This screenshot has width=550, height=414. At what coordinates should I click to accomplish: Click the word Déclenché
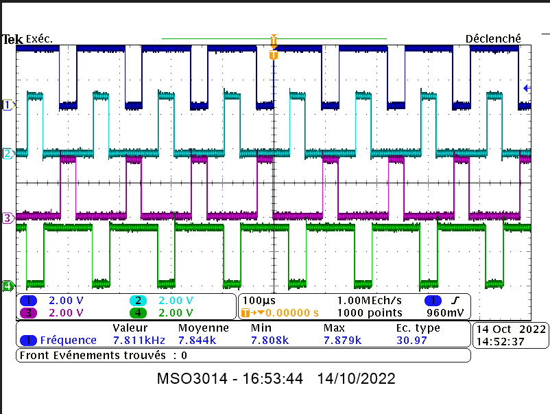[493, 39]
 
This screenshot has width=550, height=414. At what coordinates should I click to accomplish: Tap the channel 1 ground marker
[8, 105]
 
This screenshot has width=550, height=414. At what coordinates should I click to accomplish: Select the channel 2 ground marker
[8, 153]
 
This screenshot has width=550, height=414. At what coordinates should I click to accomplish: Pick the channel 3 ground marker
[8, 218]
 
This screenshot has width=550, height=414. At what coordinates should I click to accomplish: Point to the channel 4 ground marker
[8, 286]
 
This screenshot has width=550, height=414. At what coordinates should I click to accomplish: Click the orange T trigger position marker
[274, 54]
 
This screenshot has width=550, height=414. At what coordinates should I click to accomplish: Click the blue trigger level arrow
[527, 88]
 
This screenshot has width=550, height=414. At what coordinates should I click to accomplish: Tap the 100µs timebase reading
[258, 301]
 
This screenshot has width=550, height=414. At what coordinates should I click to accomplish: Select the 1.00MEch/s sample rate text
[370, 301]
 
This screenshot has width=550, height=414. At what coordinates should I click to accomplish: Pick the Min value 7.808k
[270, 340]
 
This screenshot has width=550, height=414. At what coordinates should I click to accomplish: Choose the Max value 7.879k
[342, 340]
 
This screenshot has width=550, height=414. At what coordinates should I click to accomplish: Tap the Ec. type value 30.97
[411, 340]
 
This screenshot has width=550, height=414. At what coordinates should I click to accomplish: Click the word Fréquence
[68, 340]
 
